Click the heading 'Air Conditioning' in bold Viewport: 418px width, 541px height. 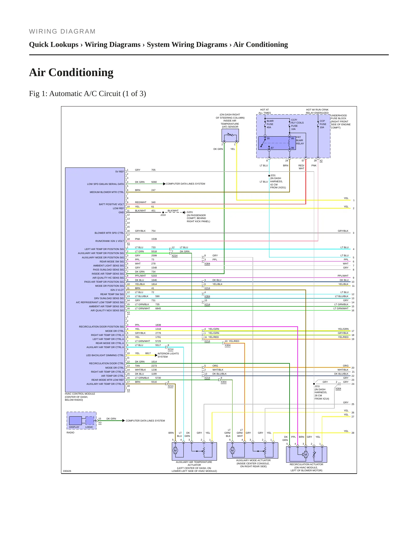pos(71,72)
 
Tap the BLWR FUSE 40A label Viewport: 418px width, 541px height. pos(270,124)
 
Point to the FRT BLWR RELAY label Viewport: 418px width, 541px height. pos(300,140)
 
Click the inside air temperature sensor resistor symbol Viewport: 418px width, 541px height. pos(230,135)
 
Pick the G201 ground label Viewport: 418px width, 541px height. pos(190,212)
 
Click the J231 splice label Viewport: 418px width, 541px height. pos(273,175)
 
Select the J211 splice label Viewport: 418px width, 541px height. pos(317,386)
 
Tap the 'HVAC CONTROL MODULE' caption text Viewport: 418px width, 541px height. pos(80,394)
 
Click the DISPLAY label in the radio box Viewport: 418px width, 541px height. pos(74,427)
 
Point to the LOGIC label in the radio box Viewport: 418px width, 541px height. pos(89,427)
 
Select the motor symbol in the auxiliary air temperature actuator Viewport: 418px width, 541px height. pos(175,450)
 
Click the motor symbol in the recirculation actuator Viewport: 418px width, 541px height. pos(306,454)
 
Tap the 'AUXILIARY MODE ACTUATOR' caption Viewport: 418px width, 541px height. pos(253,460)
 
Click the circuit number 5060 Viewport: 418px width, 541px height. pos(154,182)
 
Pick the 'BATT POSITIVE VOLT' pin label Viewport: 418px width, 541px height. pos(111,204)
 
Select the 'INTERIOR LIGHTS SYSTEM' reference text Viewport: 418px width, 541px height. pos(168,355)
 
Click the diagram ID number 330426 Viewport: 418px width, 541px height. pos(67,471)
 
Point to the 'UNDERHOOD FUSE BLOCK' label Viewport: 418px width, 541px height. pos(339,117)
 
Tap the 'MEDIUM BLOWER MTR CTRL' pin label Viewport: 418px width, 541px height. pos(107,192)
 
